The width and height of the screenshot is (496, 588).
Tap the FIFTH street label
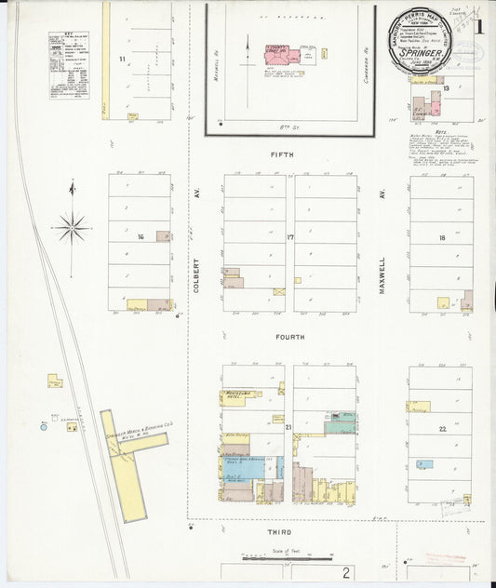(x=281, y=154)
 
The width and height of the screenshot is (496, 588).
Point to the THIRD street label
(x=280, y=531)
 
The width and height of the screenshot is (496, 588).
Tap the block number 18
(x=442, y=238)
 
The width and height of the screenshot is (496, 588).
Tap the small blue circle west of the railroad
(x=43, y=426)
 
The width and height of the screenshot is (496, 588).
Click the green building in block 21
(x=340, y=425)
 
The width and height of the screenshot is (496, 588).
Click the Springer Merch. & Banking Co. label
(x=138, y=435)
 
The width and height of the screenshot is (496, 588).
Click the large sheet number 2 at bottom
(x=345, y=571)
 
